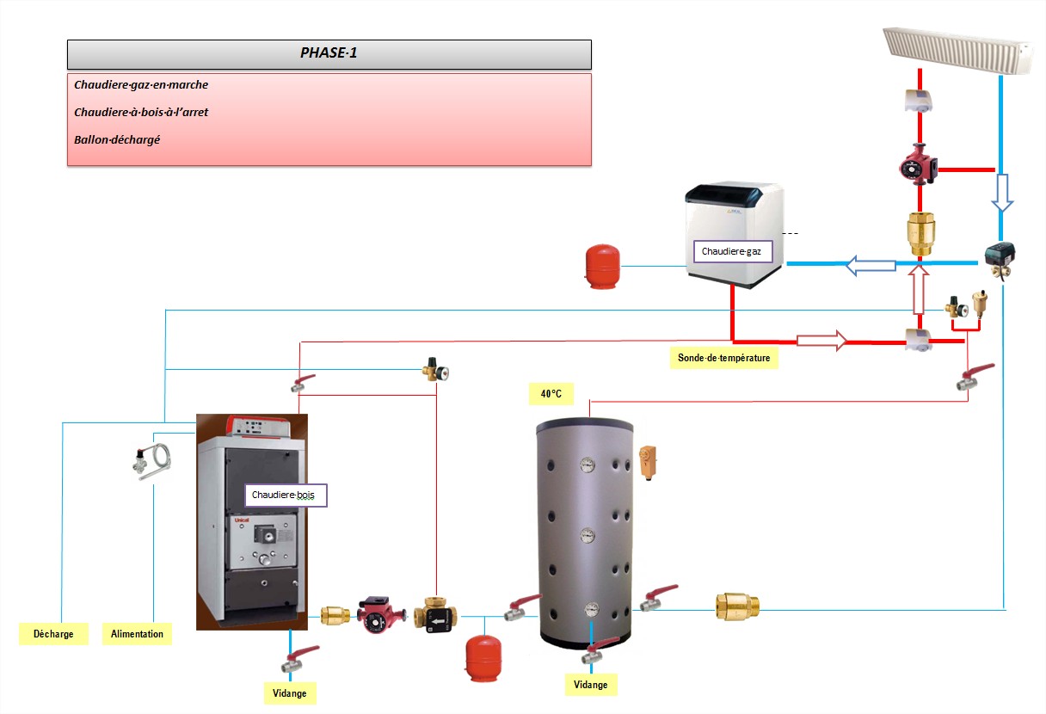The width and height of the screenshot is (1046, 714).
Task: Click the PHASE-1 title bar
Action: pos(329,53)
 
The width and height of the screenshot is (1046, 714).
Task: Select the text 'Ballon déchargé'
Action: pos(117,138)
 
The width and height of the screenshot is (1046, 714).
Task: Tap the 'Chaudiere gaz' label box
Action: pos(730,252)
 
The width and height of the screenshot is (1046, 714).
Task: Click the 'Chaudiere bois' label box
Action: pos(286,495)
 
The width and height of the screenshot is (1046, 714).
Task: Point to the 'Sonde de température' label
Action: pos(723,358)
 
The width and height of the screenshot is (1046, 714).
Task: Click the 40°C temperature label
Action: pos(551,394)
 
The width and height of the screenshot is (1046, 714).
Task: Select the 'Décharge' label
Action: pos(53,634)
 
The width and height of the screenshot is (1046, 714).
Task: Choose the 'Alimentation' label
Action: pos(137,634)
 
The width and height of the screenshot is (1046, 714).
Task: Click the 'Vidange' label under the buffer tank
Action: pos(591,685)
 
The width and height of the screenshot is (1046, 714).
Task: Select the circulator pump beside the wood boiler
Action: pos(379,614)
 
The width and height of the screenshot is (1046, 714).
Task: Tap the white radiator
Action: pos(957,50)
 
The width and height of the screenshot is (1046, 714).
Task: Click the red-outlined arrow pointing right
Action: pos(821,340)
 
